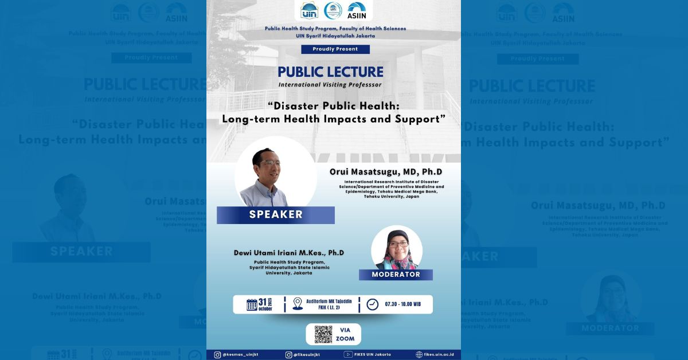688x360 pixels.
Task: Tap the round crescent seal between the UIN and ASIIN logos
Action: (333, 10)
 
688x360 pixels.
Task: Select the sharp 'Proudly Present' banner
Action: (335, 49)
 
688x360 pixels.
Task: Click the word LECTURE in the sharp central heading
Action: (356, 72)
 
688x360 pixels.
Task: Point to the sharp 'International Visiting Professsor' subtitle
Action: (330, 85)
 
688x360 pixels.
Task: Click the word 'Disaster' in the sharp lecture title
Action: (300, 106)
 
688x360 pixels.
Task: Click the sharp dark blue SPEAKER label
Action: (276, 215)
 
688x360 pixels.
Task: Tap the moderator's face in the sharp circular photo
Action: (398, 246)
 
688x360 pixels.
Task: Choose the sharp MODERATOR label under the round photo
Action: (396, 275)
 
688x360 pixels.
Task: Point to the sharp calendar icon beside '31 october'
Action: (252, 304)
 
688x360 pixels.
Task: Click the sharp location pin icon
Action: (298, 304)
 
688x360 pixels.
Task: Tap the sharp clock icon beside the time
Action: (373, 304)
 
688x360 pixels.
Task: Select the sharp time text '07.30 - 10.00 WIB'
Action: (403, 304)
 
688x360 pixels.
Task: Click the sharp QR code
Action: (323, 334)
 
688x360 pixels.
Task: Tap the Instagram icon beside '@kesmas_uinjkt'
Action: (217, 355)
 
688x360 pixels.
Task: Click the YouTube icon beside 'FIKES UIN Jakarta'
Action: (348, 355)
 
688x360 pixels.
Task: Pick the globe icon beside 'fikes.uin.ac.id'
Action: (419, 355)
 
